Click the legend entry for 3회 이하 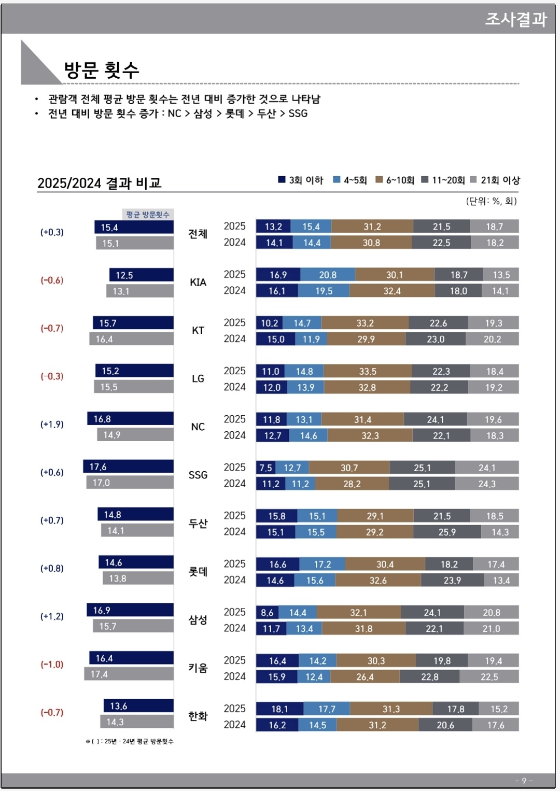coord(300,180)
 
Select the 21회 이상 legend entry coord(495,180)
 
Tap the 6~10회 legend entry coord(395,180)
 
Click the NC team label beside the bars coord(198,427)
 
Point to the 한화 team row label coord(198,716)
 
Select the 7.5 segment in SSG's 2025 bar coord(265,468)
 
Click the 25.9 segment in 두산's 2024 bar coord(446,532)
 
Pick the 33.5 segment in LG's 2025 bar coord(367,371)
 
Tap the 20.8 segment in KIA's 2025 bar coord(327,275)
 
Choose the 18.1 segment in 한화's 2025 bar coord(279,709)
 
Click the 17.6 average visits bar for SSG coord(128,467)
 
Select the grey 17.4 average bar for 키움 coord(129,674)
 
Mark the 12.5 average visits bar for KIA coord(141,275)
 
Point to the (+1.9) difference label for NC coord(52,424)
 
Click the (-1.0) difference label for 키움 coord(52,664)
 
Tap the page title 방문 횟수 coord(102,70)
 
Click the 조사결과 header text coord(515,19)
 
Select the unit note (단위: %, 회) coord(491,201)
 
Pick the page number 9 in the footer coord(524,781)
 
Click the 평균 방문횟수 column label coord(148,215)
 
